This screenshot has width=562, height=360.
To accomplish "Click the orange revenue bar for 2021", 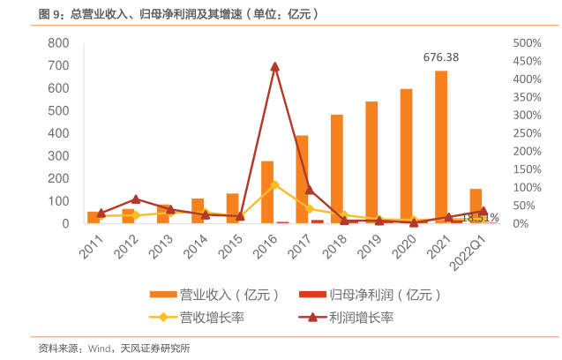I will pos(441,146).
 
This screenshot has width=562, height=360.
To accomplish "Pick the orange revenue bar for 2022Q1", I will pos(476,206).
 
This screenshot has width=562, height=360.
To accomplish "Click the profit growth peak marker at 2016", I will pos(275,66).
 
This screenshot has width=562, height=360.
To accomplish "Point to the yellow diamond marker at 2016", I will pos(275,184).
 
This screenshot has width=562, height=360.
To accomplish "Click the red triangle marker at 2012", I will pos(136,199).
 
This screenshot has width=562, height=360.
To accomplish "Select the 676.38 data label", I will pos(441,57).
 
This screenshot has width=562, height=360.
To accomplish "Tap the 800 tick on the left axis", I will pos(57,43).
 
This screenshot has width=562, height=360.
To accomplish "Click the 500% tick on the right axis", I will pos(525,43).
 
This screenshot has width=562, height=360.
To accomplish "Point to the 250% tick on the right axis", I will pos(525,133).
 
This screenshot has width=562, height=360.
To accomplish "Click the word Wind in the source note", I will pos(100,349).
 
